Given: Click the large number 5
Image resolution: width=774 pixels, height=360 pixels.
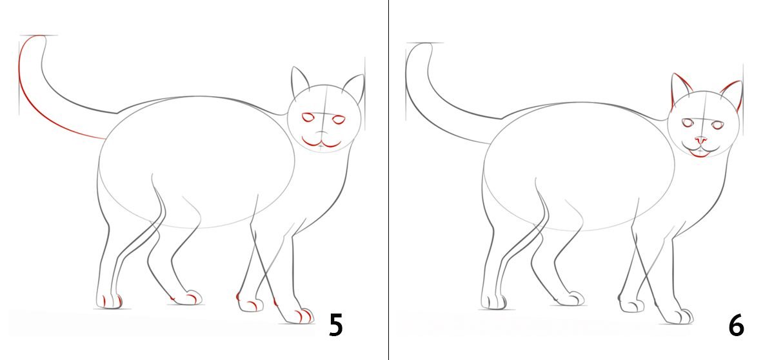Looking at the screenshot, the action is coord(335,325).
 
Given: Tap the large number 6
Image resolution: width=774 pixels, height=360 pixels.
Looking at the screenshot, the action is coord(736,326).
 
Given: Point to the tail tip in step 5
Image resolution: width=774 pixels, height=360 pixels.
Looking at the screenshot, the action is coord(39,36).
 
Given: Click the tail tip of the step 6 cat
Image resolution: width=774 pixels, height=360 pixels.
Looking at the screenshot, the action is coord(424,44).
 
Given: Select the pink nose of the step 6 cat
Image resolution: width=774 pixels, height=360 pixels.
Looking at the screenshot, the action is coord(700,140).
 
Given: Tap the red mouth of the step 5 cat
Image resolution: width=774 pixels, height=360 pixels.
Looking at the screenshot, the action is coord(321,143).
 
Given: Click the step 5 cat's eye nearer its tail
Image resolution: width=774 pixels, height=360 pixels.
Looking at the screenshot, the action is coord(308,117).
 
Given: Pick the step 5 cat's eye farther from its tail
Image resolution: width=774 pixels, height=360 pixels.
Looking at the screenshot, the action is coord(339,120).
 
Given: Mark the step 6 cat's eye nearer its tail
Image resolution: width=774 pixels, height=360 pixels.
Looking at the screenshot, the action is coord(688,123).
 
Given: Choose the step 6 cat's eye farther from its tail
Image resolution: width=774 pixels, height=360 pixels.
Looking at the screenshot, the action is coord(718,125).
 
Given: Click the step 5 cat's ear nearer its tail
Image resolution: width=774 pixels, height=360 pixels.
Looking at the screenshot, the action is coord(299,81).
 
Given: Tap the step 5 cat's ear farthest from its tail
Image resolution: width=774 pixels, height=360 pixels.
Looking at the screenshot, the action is coord(355,88).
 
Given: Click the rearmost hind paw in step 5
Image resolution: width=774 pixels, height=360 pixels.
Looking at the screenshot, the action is coord(109,301).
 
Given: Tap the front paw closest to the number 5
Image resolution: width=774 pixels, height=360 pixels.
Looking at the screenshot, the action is coord(298,315).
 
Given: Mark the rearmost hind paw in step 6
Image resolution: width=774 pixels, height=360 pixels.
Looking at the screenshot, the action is coord(493,302).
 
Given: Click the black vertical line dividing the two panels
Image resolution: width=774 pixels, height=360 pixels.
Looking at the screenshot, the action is coord(388,180).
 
